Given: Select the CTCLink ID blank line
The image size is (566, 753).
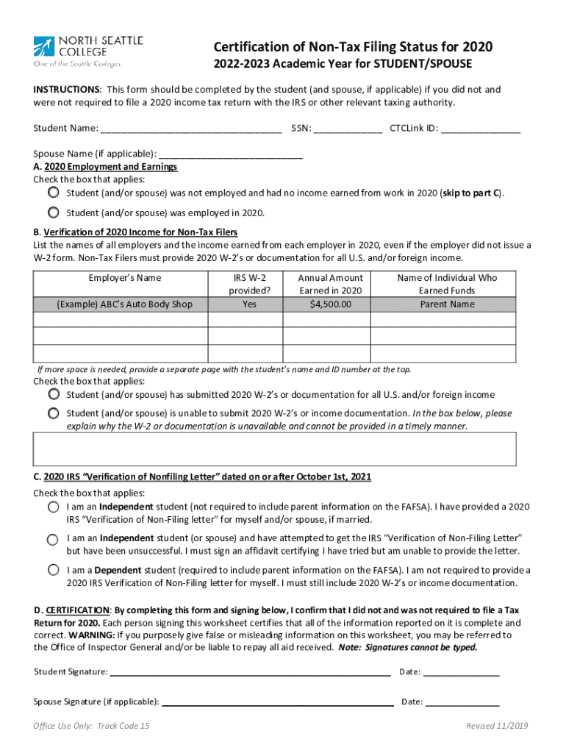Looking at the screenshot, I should [x=481, y=130].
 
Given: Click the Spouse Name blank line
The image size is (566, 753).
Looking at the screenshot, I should [x=231, y=156].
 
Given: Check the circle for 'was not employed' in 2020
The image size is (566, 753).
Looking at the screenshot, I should [x=54, y=193].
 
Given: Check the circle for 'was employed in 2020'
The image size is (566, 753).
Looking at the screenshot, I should [x=54, y=213].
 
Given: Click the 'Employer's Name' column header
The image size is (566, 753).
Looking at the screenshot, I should [x=120, y=278].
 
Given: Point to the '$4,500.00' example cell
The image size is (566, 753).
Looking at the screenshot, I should [x=330, y=304].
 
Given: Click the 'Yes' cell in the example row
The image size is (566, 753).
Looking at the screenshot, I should [x=246, y=304].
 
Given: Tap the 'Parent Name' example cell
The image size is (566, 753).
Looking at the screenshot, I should [x=447, y=304].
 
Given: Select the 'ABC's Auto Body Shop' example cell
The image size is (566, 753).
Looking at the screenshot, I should [x=120, y=304].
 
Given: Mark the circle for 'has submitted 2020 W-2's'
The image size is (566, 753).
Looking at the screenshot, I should [x=54, y=394].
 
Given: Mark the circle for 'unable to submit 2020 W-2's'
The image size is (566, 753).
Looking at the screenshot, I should [x=54, y=413].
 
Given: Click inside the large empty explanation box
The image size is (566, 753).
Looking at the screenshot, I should [x=274, y=449].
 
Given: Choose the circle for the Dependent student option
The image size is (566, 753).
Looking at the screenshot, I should [x=54, y=570].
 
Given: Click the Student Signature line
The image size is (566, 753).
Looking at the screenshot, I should [x=250, y=672].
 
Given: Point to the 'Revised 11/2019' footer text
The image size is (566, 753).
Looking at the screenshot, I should [x=496, y=727].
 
